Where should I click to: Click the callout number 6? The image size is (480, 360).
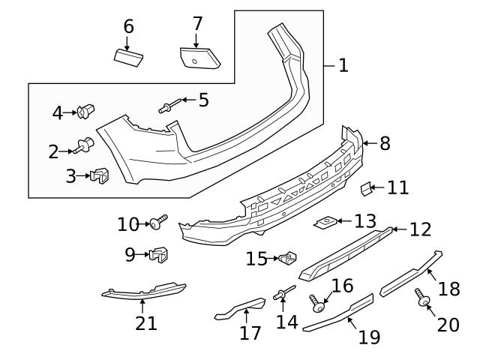pos(128,26)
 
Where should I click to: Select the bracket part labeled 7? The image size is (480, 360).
pos(199,58)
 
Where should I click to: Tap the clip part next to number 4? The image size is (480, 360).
pos(87,113)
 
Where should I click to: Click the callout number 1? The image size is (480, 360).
pos(343,65)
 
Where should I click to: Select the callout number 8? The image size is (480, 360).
pos(385,143)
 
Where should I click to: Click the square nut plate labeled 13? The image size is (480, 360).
pos(325,223)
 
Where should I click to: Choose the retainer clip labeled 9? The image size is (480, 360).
pos(158,255)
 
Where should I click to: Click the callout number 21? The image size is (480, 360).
pos(146,323)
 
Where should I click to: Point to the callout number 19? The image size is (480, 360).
pos(368,337)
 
